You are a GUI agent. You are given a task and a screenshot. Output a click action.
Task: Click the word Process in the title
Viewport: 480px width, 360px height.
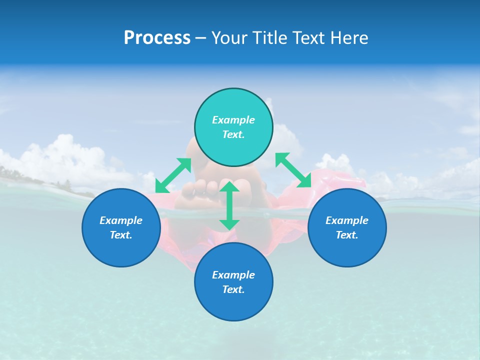[x=157, y=38]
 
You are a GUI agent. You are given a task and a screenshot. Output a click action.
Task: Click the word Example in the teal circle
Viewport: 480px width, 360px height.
[x=233, y=120]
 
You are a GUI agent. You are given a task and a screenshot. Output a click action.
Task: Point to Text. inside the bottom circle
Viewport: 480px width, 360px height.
[x=233, y=289]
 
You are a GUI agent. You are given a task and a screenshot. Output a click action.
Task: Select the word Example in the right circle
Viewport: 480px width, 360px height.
[x=347, y=220]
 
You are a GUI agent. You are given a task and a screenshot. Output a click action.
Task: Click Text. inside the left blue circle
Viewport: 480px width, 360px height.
[x=121, y=235]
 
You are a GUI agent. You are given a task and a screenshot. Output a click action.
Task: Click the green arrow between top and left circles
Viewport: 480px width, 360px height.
[x=173, y=175]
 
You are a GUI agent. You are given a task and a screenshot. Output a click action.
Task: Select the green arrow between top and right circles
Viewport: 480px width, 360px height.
[x=293, y=170]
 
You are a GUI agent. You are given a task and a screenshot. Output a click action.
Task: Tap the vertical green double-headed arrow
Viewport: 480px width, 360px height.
[x=229, y=205]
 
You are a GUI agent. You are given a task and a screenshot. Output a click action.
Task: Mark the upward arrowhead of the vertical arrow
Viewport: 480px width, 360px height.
[x=229, y=186]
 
